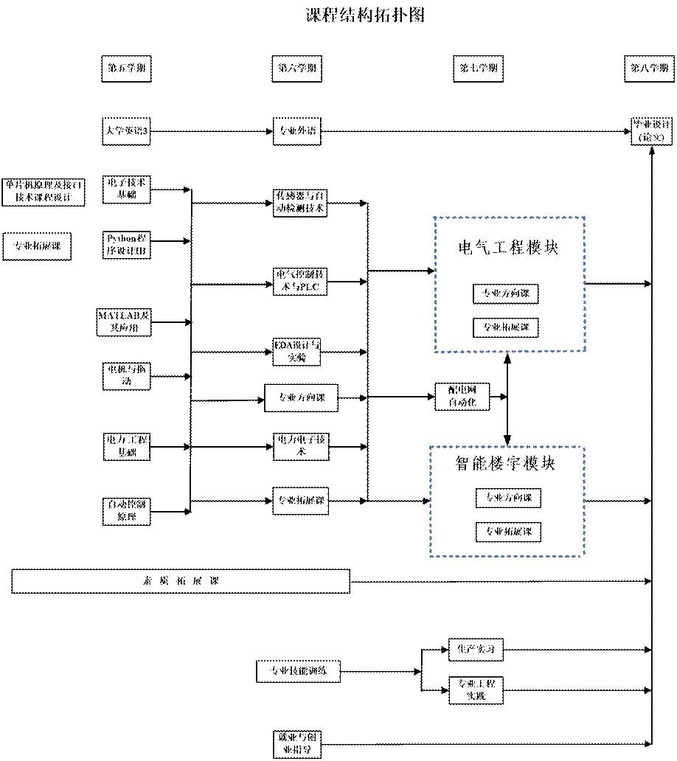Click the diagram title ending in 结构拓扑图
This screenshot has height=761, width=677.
(x=364, y=15)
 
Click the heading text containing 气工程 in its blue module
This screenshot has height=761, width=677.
(x=508, y=247)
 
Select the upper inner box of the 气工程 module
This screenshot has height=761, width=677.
(x=506, y=294)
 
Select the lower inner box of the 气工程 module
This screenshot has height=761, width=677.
(x=506, y=326)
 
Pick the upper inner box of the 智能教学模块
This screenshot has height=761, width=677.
(x=508, y=498)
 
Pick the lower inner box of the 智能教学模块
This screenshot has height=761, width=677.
(x=508, y=532)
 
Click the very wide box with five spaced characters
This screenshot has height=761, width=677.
(x=181, y=582)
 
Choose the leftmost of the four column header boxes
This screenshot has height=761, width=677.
(x=126, y=69)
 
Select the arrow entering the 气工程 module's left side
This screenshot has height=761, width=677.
(x=429, y=271)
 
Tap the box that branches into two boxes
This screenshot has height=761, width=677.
(x=298, y=671)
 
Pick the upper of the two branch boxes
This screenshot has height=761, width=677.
(x=476, y=650)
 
